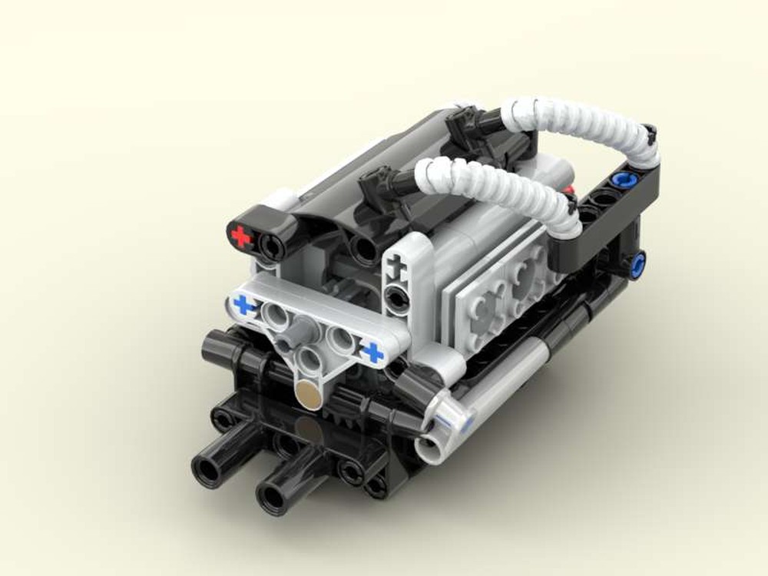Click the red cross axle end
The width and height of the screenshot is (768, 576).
[241, 237]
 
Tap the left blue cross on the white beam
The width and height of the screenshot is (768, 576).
[245, 306]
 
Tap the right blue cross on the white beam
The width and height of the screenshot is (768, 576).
[372, 353]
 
